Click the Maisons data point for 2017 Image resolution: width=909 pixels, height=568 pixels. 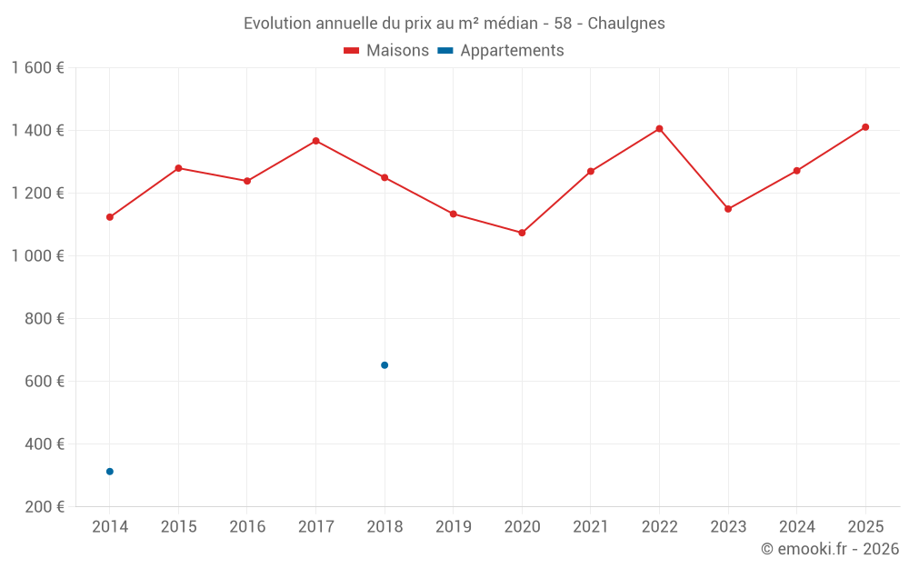point(315,141)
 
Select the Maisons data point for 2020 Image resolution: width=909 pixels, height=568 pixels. point(522,233)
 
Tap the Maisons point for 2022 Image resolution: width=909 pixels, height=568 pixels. point(659,129)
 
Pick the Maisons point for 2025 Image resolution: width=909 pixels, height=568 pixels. point(865,127)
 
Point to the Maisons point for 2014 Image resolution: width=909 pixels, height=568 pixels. point(110,217)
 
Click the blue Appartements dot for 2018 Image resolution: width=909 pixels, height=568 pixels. point(385,365)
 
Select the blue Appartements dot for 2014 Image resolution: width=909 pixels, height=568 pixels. point(110,472)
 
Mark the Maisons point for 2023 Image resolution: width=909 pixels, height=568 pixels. point(728,209)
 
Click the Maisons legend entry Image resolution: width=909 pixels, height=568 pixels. point(386,51)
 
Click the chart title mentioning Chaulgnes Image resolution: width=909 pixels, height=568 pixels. point(454,24)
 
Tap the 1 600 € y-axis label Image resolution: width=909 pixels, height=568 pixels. point(37,68)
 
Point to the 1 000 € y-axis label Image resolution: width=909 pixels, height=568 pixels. point(37,256)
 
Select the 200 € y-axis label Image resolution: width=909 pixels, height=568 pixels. point(45,507)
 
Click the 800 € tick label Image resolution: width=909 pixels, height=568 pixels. point(45,319)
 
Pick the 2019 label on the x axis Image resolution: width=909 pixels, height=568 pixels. point(453,527)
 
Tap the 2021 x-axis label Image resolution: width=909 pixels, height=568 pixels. point(591,527)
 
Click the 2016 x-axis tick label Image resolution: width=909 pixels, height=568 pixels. point(247,527)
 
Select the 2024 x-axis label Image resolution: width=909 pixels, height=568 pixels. point(796,527)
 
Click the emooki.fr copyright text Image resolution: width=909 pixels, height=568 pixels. point(829,549)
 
